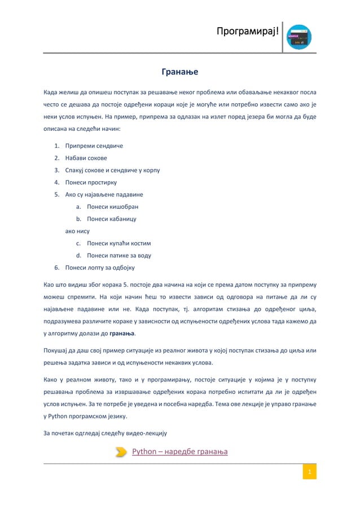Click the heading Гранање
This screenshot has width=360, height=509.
(179, 72)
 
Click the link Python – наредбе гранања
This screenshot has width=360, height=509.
(179, 451)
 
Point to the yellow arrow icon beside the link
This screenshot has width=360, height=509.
(121, 451)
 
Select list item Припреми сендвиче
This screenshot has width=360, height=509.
(94, 146)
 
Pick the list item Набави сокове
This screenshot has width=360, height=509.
(86, 158)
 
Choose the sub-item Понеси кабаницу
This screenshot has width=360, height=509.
(111, 219)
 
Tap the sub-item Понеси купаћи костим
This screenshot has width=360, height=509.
(119, 243)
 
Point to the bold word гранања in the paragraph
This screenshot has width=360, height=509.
(122, 333)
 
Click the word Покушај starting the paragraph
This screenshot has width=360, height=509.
(58, 349)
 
